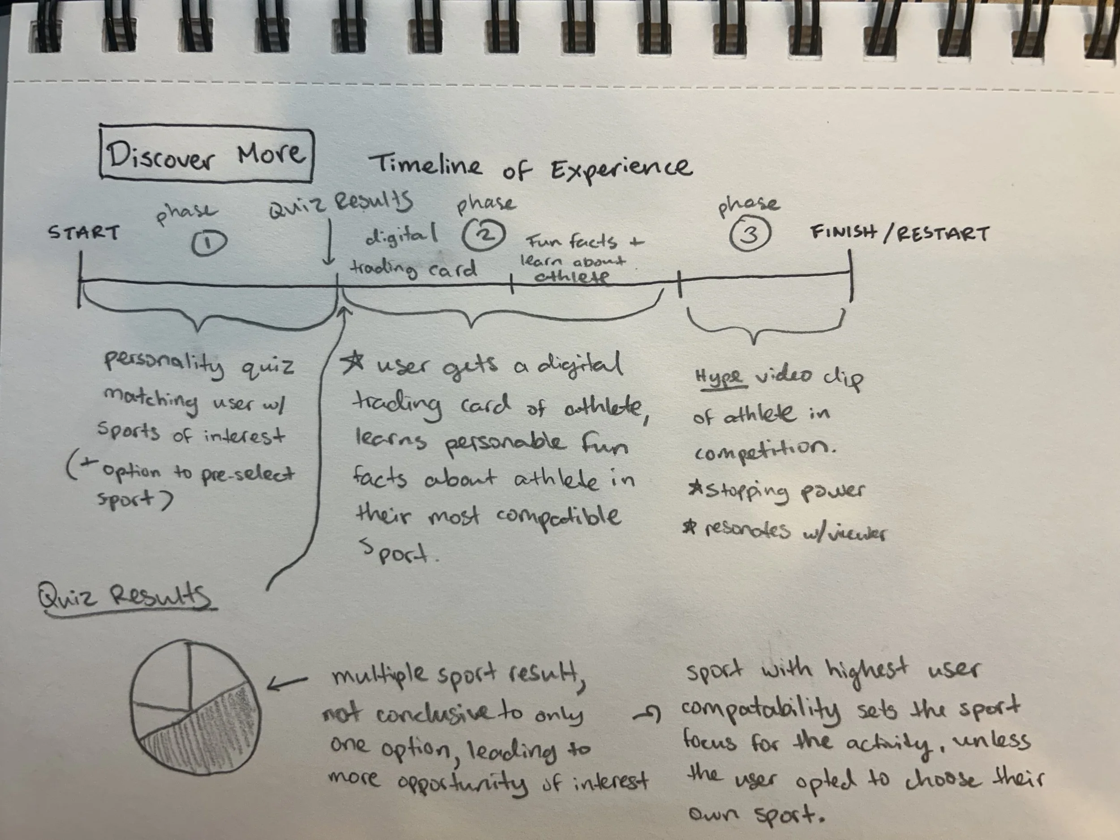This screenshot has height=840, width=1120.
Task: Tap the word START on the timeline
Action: point(83,233)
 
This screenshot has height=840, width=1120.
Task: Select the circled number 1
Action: point(209,244)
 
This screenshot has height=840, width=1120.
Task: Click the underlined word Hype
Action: point(719,377)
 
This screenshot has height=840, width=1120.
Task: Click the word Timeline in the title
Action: point(425,164)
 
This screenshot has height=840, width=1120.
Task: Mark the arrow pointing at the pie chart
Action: point(287,683)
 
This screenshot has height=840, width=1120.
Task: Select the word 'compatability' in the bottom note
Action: point(762,709)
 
